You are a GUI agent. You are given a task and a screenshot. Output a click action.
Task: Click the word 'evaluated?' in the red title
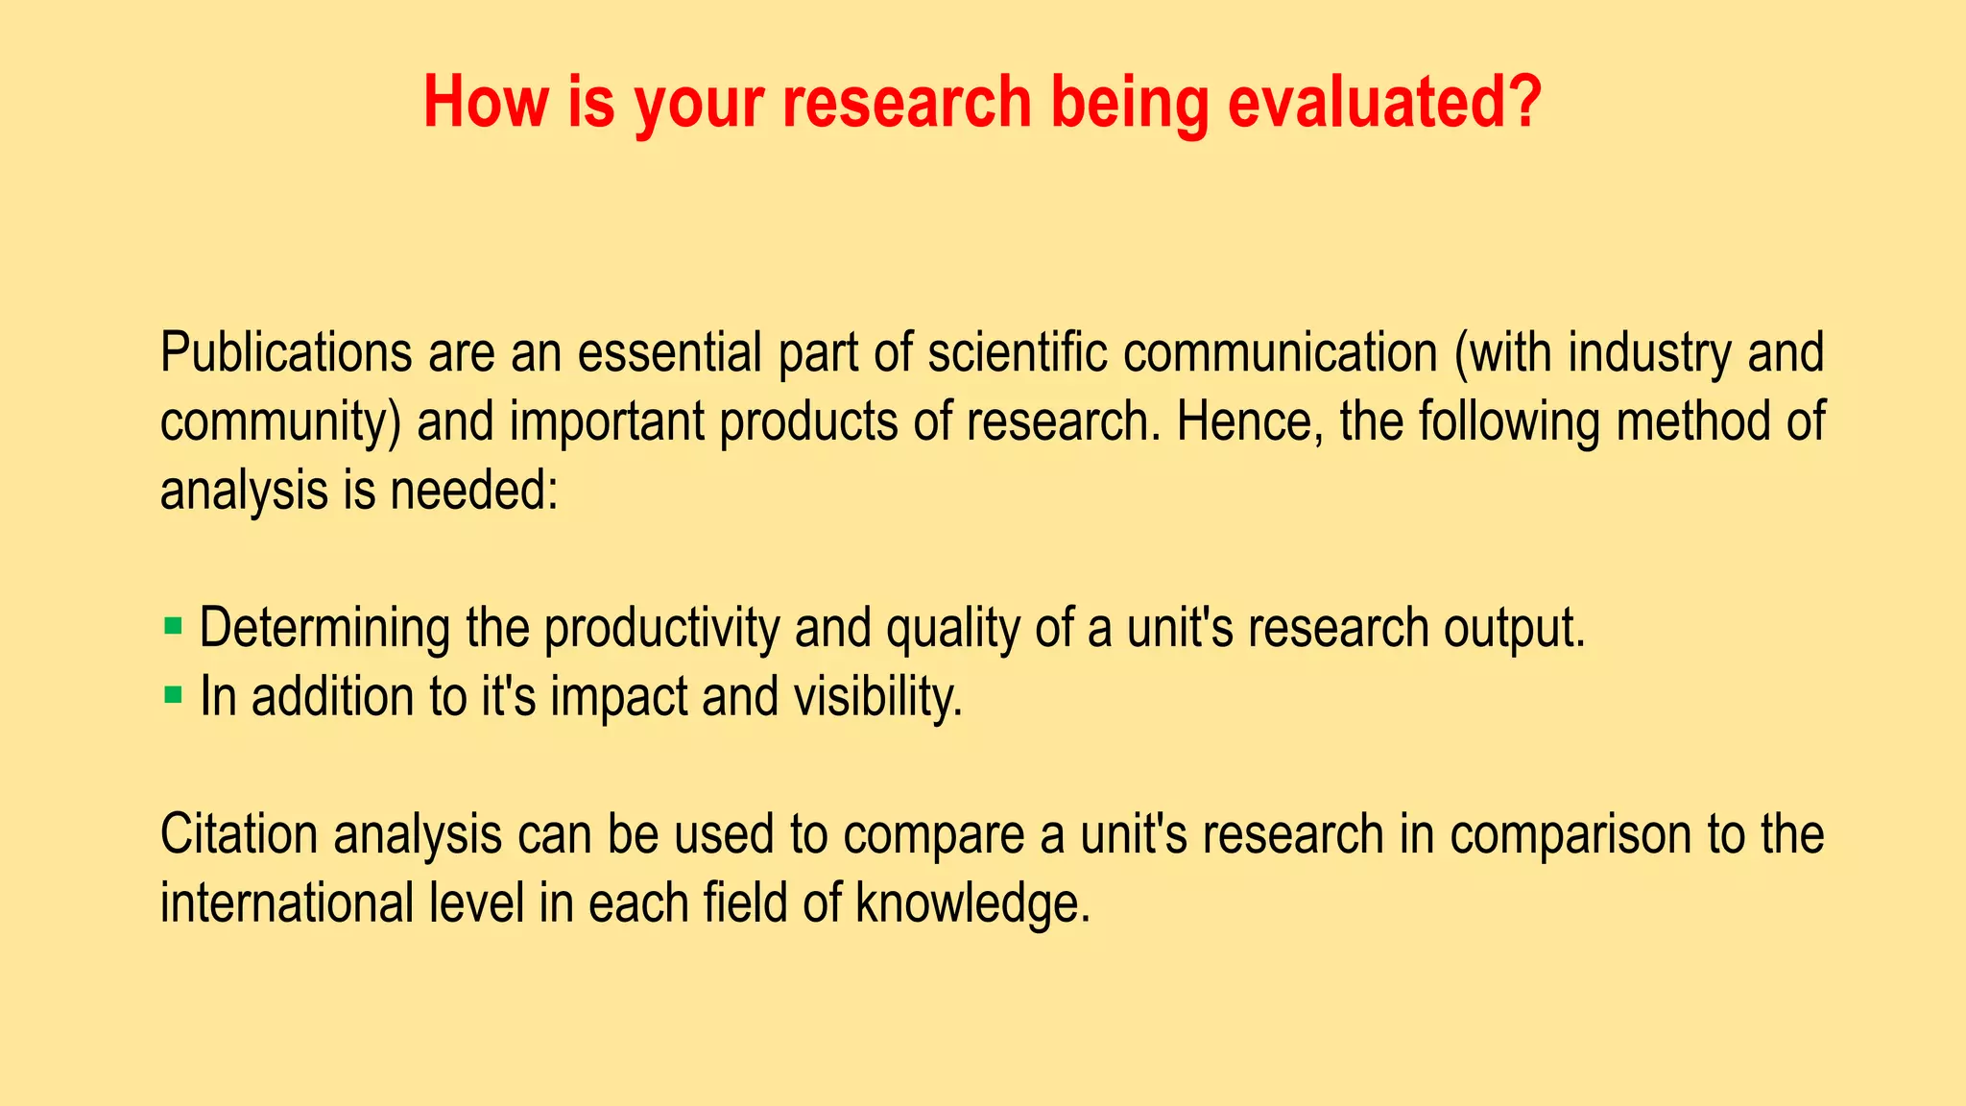(1384, 102)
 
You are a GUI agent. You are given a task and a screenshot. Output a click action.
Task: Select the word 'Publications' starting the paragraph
(286, 353)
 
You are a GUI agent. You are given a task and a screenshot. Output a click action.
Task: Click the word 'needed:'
(473, 491)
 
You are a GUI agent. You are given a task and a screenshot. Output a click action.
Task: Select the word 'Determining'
(324, 629)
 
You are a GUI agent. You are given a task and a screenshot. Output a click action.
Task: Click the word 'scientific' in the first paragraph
(1017, 353)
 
